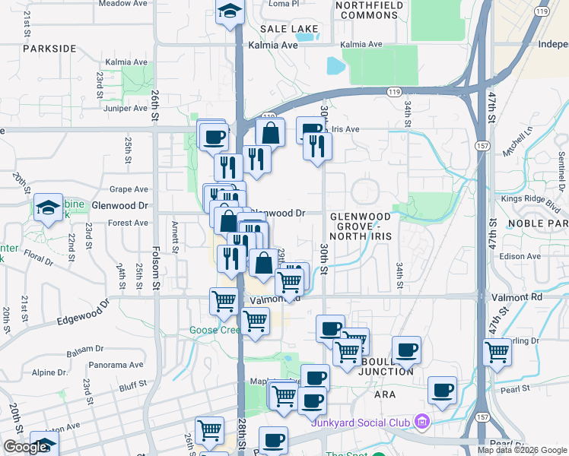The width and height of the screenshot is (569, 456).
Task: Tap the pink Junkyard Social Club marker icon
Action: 421,422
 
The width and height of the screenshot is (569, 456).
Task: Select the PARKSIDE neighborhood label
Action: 49,48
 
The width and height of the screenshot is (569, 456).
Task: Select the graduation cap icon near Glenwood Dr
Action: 48,207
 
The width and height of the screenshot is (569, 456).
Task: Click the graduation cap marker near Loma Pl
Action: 228,11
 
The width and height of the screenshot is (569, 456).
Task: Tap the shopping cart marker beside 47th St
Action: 497,352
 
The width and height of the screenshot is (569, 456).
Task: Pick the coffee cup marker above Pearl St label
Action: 442,390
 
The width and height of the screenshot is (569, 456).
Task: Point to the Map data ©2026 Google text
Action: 522,450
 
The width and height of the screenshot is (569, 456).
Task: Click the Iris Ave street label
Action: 342,129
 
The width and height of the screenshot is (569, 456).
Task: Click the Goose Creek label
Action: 215,330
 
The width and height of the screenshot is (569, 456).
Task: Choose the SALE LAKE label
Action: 288,28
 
